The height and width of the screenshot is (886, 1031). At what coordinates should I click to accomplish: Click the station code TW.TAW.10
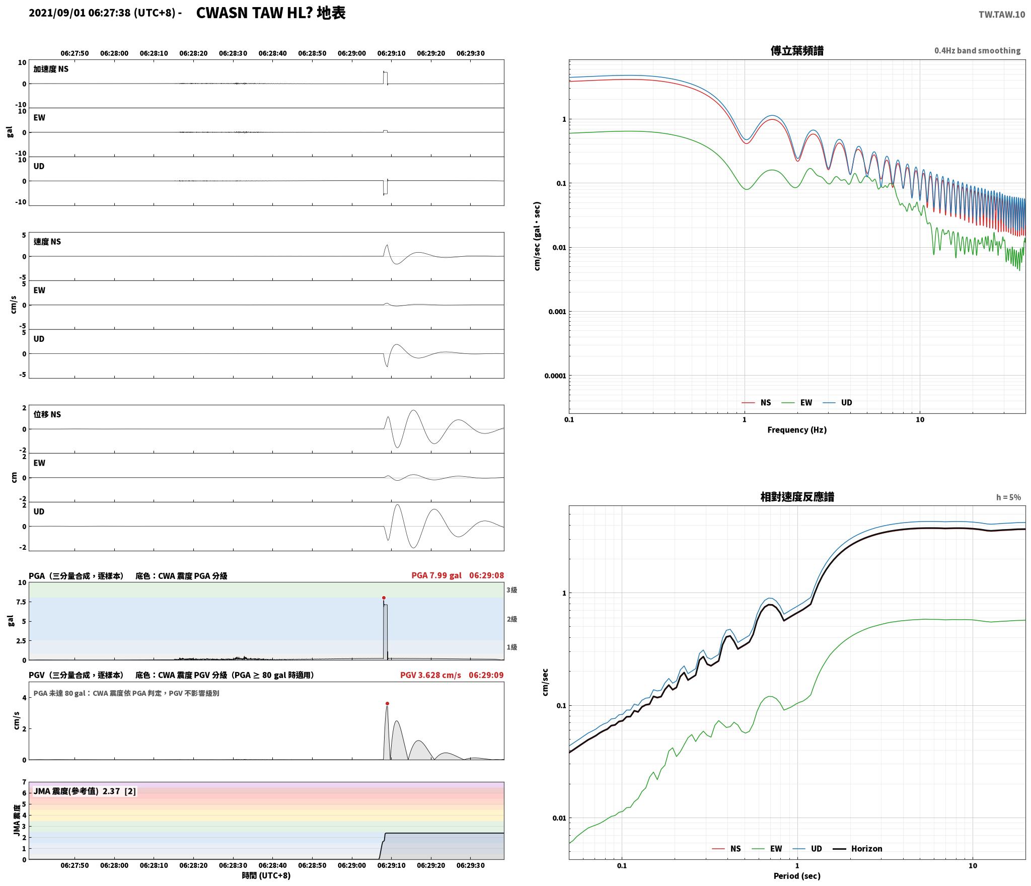[x=1001, y=15]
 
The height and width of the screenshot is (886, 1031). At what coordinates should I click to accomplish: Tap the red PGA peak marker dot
[x=384, y=598]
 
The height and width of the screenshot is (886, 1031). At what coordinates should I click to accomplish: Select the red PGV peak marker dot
[x=387, y=703]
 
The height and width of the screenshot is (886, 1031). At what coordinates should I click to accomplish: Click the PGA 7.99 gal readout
[x=436, y=575]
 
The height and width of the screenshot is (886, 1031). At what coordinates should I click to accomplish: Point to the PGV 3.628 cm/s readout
[x=430, y=675]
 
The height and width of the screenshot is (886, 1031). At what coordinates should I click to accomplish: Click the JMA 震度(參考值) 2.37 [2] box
[x=85, y=791]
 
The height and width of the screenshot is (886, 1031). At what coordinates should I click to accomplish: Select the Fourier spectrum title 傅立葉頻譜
[x=797, y=51]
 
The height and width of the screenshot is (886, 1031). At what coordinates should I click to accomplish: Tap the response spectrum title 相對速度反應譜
[x=797, y=497]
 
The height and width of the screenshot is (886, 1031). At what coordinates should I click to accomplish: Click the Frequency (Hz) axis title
[x=797, y=429]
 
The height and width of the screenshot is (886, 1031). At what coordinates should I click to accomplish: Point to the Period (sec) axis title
[x=797, y=875]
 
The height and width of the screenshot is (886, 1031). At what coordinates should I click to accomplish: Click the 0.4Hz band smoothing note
[x=977, y=50]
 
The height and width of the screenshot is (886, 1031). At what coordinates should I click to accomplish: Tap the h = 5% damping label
[x=1008, y=497]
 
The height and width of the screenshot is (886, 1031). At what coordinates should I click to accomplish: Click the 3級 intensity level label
[x=512, y=589]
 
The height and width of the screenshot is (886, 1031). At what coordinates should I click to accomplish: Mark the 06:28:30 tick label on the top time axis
[x=233, y=53]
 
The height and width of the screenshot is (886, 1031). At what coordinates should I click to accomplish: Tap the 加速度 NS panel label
[x=51, y=69]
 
